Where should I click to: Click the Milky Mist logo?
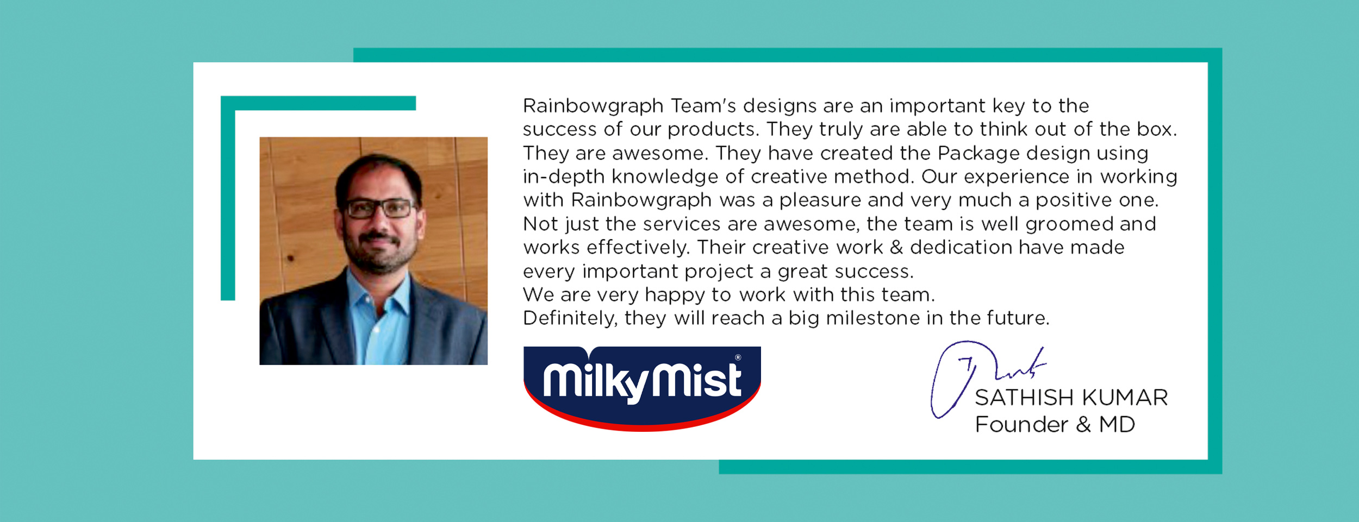tap(642, 388)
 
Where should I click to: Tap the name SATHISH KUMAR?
tap(1071, 398)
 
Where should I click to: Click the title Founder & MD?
tap(1055, 424)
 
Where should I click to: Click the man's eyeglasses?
tap(379, 208)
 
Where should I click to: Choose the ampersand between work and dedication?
tap(896, 248)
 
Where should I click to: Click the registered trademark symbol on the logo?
tap(738, 357)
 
